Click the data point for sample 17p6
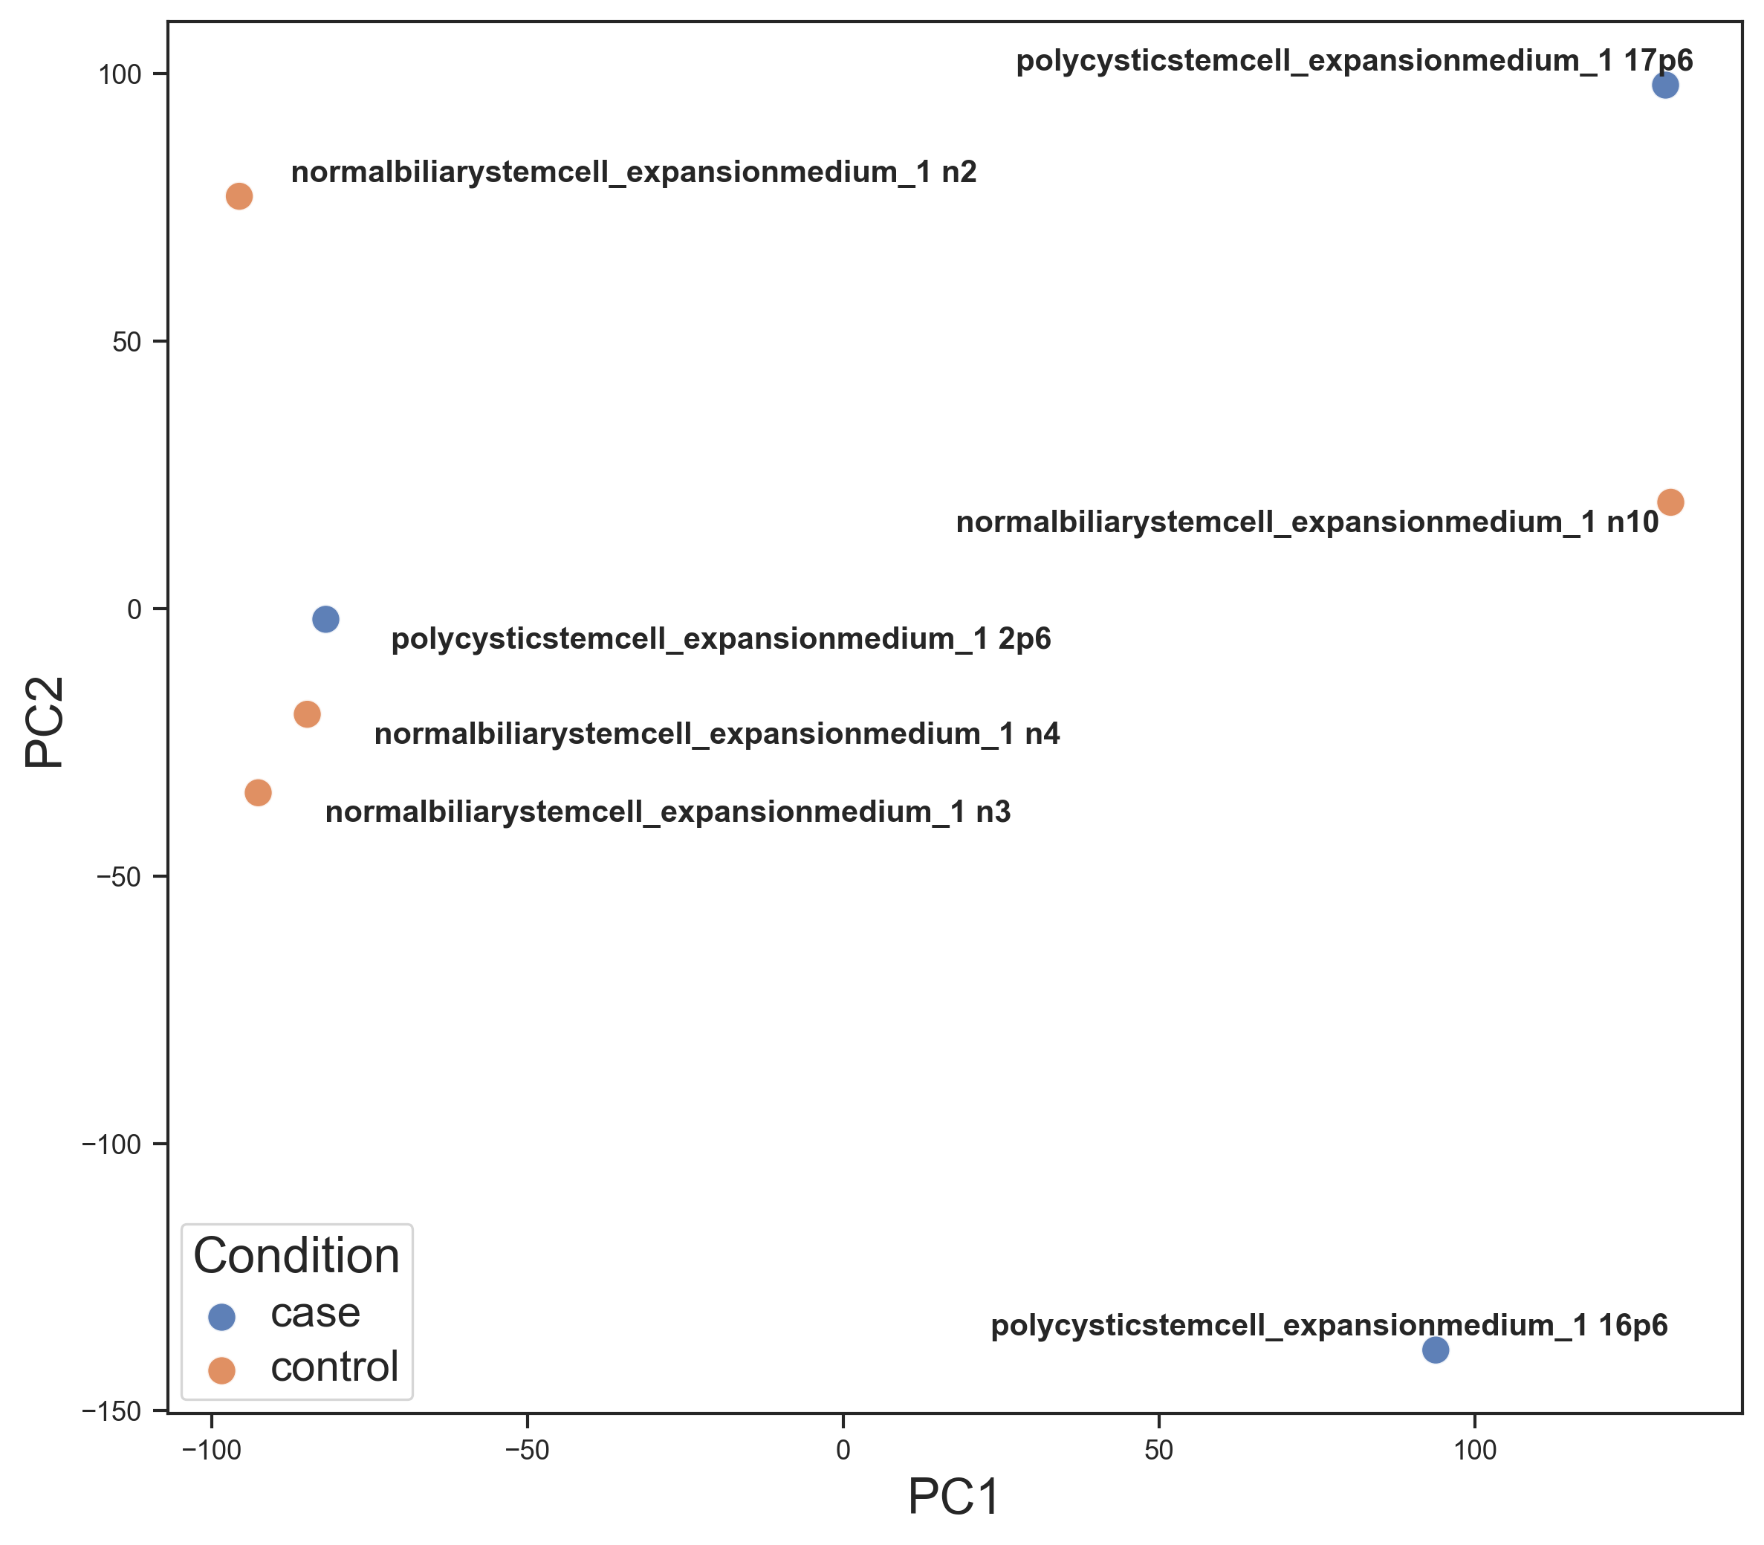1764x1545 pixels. click(1665, 85)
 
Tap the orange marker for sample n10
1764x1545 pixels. click(1671, 502)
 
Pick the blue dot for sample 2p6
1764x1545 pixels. click(325, 619)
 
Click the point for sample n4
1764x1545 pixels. click(307, 714)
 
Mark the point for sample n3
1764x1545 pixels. click(258, 792)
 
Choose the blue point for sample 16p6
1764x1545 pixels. click(1436, 1350)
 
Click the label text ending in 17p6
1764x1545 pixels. click(1355, 61)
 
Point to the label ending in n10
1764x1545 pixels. click(1307, 522)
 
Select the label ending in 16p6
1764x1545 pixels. click(1329, 1325)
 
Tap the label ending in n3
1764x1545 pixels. click(667, 812)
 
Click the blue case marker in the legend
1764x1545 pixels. click(222, 1315)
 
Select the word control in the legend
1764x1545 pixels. click(334, 1367)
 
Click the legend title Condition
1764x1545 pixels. click(296, 1256)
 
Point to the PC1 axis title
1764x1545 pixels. click(953, 1497)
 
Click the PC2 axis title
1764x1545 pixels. click(44, 722)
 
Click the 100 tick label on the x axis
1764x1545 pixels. click(1475, 1450)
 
